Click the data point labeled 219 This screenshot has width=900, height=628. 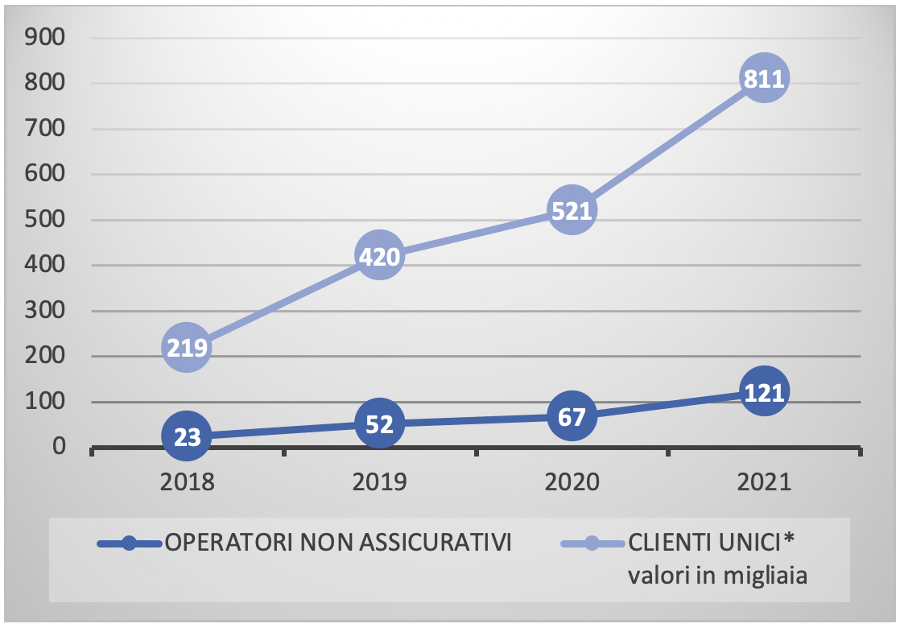click(x=187, y=348)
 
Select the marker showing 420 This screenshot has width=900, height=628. click(x=378, y=257)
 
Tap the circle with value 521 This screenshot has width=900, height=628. click(x=572, y=210)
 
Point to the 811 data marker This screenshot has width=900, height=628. click(x=762, y=78)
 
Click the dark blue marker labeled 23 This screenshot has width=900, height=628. click(x=187, y=436)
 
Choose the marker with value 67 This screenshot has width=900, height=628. click(x=572, y=416)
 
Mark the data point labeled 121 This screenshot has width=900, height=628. click(x=762, y=391)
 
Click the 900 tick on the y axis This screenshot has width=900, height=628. click(x=45, y=37)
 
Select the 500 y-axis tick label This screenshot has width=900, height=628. click(x=45, y=220)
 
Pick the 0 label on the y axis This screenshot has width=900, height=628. click(x=60, y=446)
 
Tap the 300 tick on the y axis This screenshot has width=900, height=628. click(x=45, y=311)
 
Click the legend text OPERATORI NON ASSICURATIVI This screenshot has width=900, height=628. click(x=338, y=543)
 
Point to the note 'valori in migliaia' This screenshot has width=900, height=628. click(x=718, y=576)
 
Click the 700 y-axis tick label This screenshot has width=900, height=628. click(x=45, y=129)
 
